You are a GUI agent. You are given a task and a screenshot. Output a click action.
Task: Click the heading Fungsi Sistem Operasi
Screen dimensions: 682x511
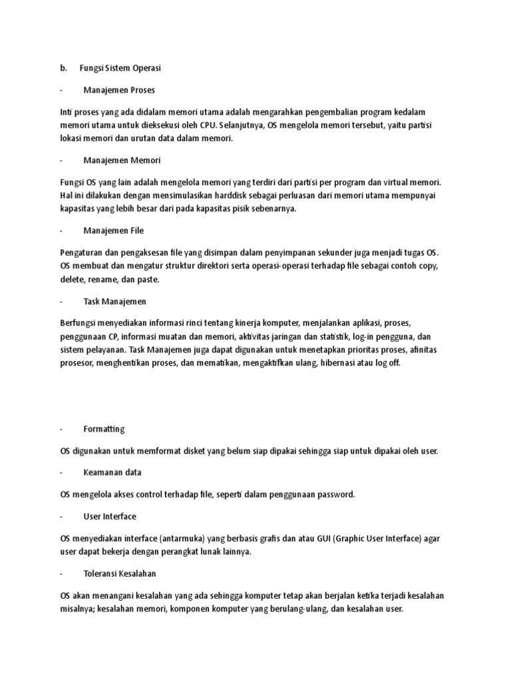120,68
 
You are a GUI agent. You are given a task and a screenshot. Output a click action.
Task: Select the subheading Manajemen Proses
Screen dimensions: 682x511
119,89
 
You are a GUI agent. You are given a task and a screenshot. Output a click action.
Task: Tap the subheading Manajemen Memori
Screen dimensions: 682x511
122,160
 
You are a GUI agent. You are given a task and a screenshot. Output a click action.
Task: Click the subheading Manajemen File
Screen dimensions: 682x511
114,230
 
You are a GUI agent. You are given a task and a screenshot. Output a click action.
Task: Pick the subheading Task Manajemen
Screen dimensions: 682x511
114,301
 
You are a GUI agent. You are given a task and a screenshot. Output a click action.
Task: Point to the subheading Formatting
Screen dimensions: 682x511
104,429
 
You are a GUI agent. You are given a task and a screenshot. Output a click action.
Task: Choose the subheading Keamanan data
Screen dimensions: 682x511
112,472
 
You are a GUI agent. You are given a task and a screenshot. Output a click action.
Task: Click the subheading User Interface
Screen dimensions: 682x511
110,516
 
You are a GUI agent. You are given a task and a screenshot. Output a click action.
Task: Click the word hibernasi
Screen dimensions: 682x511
346,364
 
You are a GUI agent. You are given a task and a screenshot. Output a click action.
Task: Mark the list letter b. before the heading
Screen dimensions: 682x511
64,68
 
